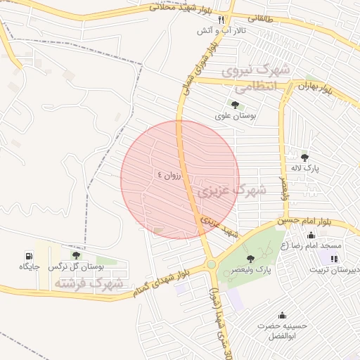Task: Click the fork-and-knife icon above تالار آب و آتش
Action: pos(221,20)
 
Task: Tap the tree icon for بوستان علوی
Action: pos(235,105)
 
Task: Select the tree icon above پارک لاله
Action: pos(304,157)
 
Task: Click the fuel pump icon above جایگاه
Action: pos(29,255)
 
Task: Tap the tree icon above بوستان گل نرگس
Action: pos(76,255)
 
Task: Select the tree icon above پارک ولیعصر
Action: pos(250,258)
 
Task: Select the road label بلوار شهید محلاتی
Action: pos(179,8)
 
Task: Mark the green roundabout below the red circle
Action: pos(211,264)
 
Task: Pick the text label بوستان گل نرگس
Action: pos(76,267)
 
